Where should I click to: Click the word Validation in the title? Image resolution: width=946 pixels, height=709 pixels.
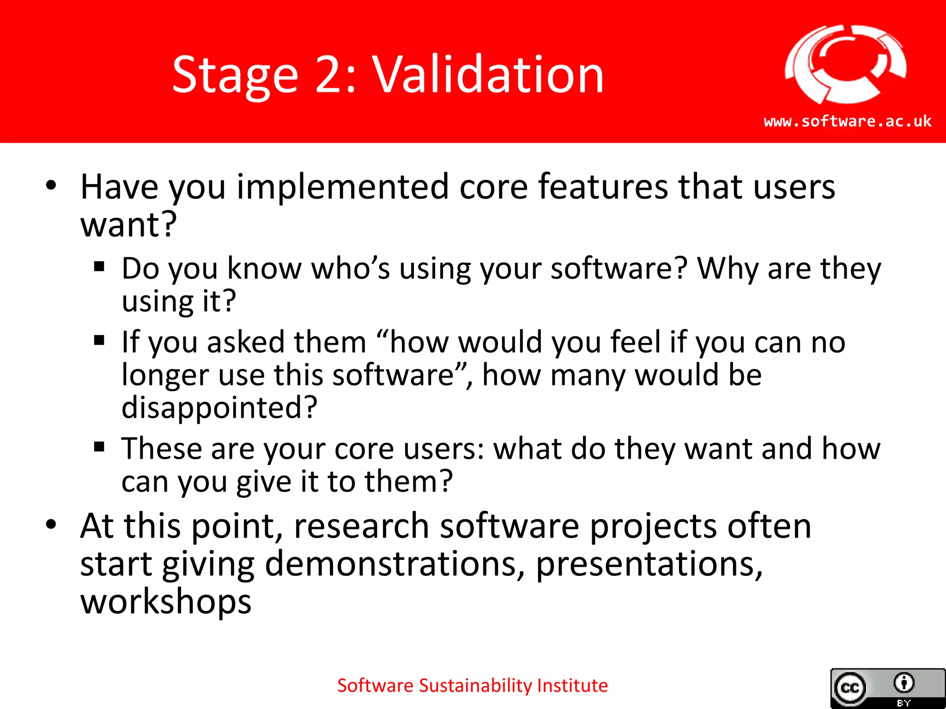[488, 75]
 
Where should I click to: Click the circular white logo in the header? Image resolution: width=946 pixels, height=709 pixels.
[845, 65]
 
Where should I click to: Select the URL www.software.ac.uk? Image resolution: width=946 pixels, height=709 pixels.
[848, 121]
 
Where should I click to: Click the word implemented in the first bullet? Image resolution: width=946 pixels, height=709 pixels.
[343, 187]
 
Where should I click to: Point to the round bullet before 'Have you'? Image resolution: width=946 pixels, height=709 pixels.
[51, 186]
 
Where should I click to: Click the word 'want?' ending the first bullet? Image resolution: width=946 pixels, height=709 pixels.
[128, 225]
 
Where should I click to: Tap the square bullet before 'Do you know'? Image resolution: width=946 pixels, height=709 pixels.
[99, 266]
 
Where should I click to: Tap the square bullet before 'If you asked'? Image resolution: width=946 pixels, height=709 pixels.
[99, 341]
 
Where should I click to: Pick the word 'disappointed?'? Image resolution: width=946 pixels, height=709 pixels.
[219, 408]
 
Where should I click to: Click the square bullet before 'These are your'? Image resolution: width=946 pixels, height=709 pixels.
[99, 447]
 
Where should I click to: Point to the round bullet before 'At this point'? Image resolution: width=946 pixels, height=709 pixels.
[51, 525]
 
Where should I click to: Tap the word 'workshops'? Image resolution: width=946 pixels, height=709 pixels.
[166, 602]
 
